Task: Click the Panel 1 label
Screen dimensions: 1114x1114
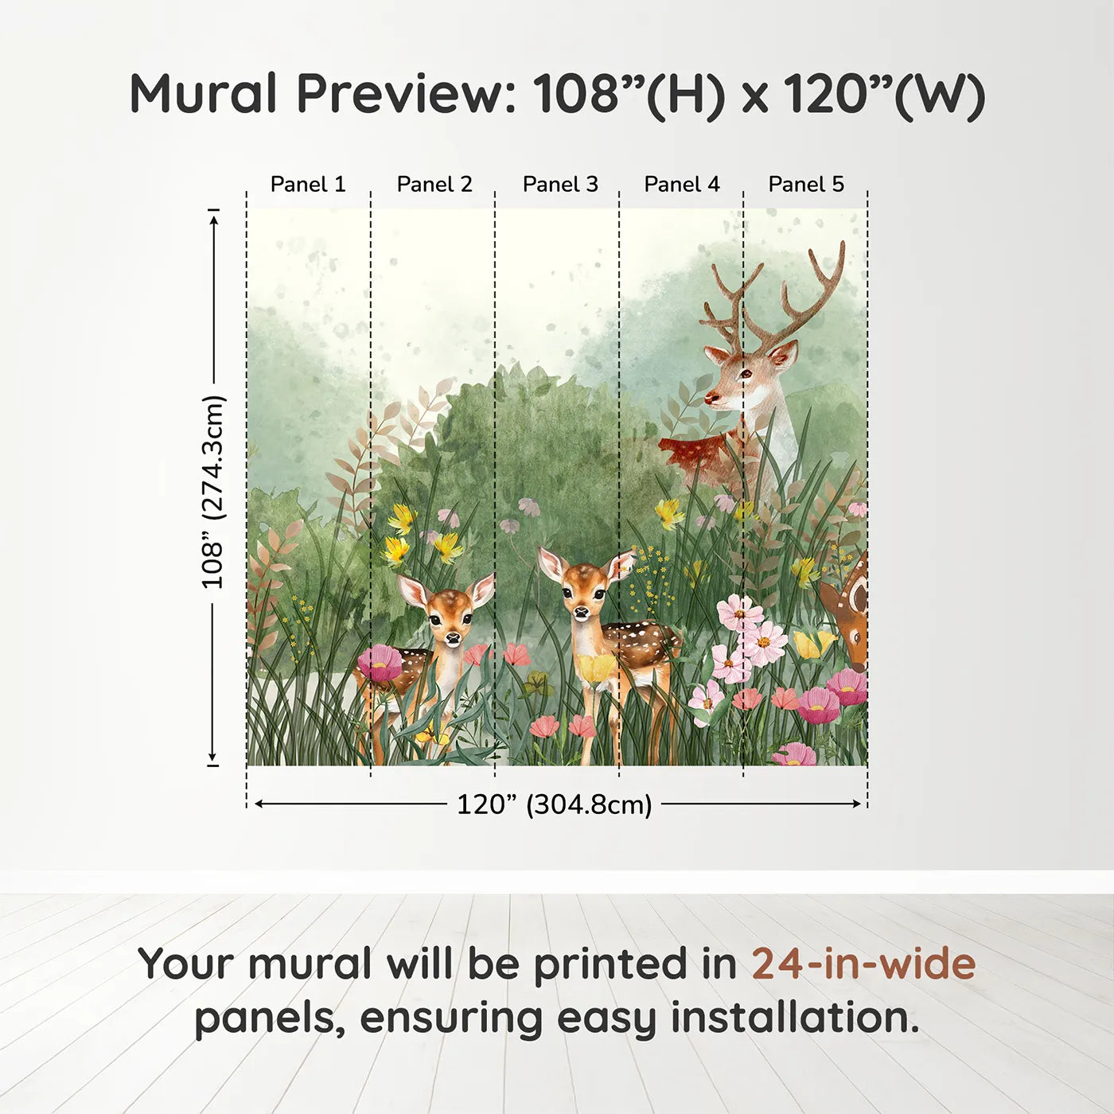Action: pos(308,185)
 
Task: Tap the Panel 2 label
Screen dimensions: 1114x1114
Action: pos(434,185)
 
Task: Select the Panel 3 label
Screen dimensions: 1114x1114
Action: pos(560,185)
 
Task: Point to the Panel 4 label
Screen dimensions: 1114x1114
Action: pos(682,185)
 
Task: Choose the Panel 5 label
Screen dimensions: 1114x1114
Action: pos(806,185)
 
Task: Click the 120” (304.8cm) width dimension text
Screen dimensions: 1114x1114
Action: pos(554,804)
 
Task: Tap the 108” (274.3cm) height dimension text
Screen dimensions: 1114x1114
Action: pos(212,492)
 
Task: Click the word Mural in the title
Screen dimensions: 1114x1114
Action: pos(203,94)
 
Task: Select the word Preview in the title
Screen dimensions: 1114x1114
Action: pos(406,94)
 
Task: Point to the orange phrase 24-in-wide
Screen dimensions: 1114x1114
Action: pos(863,964)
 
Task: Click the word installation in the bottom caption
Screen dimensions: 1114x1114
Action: pos(793,1018)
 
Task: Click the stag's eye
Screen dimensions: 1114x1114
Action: pos(746,372)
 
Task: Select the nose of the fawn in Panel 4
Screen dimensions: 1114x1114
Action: pos(582,612)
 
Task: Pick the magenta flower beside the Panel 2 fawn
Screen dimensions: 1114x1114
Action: pos(380,662)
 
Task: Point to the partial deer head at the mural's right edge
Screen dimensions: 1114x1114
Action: pos(850,613)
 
